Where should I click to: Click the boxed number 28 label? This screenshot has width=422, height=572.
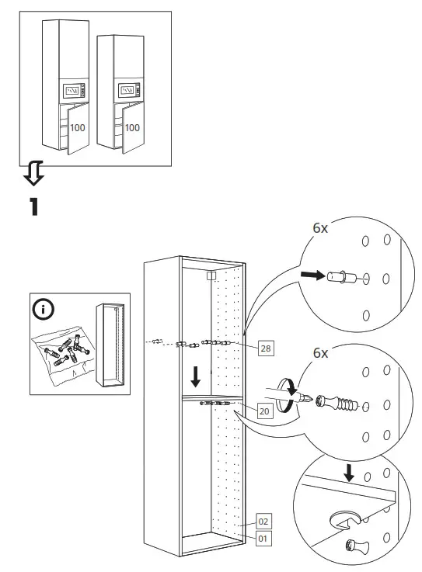[x=265, y=348]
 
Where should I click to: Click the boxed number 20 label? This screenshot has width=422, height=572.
[x=265, y=411]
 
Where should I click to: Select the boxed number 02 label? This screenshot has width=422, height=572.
[x=263, y=522]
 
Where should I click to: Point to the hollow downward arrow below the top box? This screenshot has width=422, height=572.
[x=33, y=175]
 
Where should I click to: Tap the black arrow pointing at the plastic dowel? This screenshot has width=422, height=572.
[x=312, y=274]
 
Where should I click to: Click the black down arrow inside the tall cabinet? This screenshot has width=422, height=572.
[x=196, y=377]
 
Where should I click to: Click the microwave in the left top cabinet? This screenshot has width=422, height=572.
[x=73, y=92]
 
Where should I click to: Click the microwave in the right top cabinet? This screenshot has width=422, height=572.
[x=128, y=92]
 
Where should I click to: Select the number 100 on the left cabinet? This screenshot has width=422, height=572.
[x=78, y=127]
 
